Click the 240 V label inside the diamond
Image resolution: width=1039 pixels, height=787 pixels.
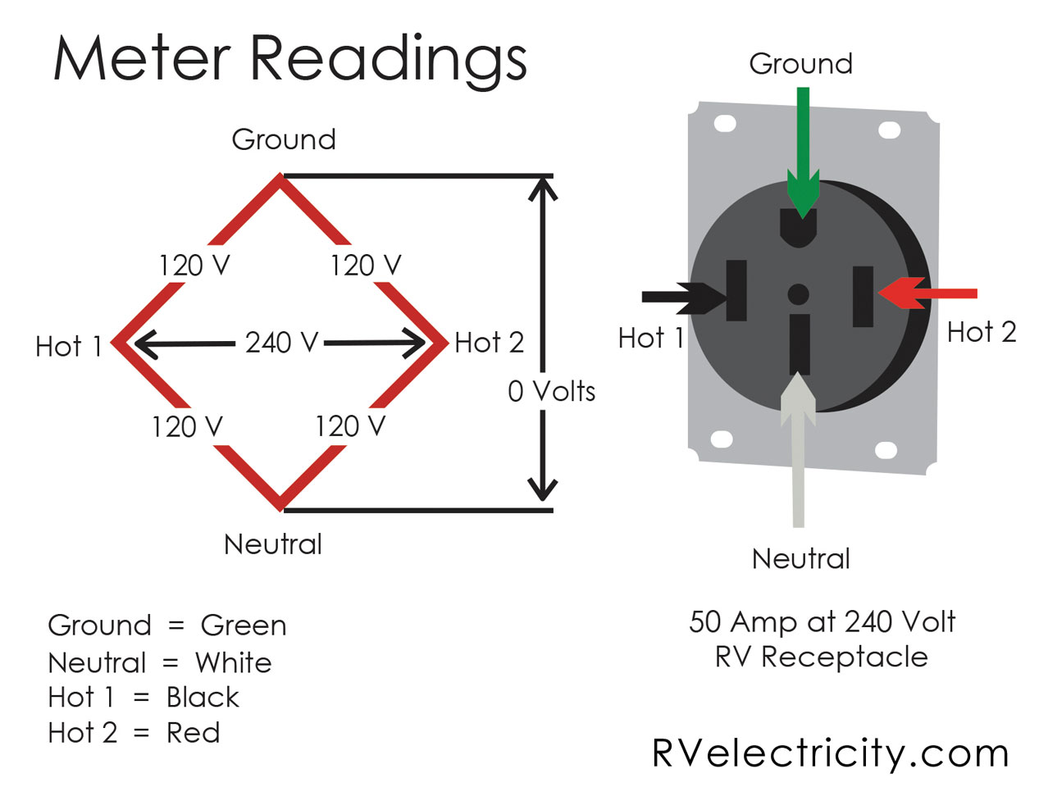coord(280,342)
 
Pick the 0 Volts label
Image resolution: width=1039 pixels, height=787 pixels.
coord(551,391)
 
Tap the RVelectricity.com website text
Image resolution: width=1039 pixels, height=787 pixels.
coord(830,753)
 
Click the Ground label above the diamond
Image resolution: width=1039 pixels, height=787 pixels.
coord(284,139)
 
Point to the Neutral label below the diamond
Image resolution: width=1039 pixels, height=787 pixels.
coord(273,544)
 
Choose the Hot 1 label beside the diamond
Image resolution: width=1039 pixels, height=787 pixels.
coord(68,346)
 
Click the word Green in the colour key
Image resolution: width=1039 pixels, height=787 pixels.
coord(244,626)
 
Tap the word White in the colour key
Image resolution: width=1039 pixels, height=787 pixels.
coord(234,662)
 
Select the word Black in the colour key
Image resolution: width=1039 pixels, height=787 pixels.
coord(203,698)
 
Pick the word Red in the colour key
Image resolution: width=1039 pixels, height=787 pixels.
coord(194,733)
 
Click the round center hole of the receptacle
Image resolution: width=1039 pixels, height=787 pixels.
coord(798,294)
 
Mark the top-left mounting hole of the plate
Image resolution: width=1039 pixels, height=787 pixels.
coord(725,124)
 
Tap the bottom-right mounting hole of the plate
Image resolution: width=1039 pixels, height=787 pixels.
coord(886,450)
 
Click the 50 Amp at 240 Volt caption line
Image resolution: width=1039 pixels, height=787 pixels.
coord(822,622)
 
